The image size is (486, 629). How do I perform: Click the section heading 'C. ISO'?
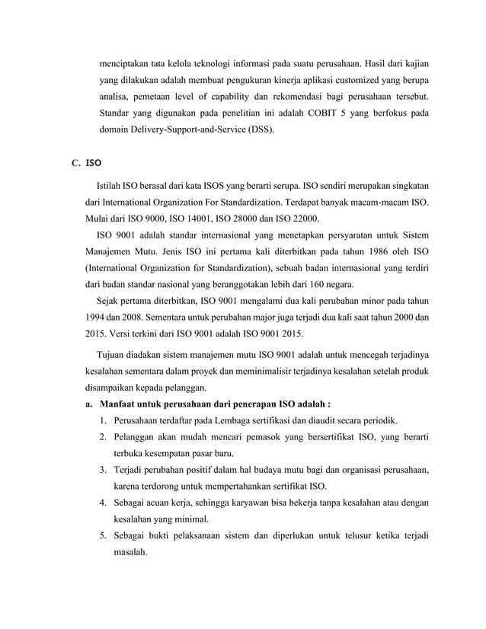pyautogui.click(x=85, y=162)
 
